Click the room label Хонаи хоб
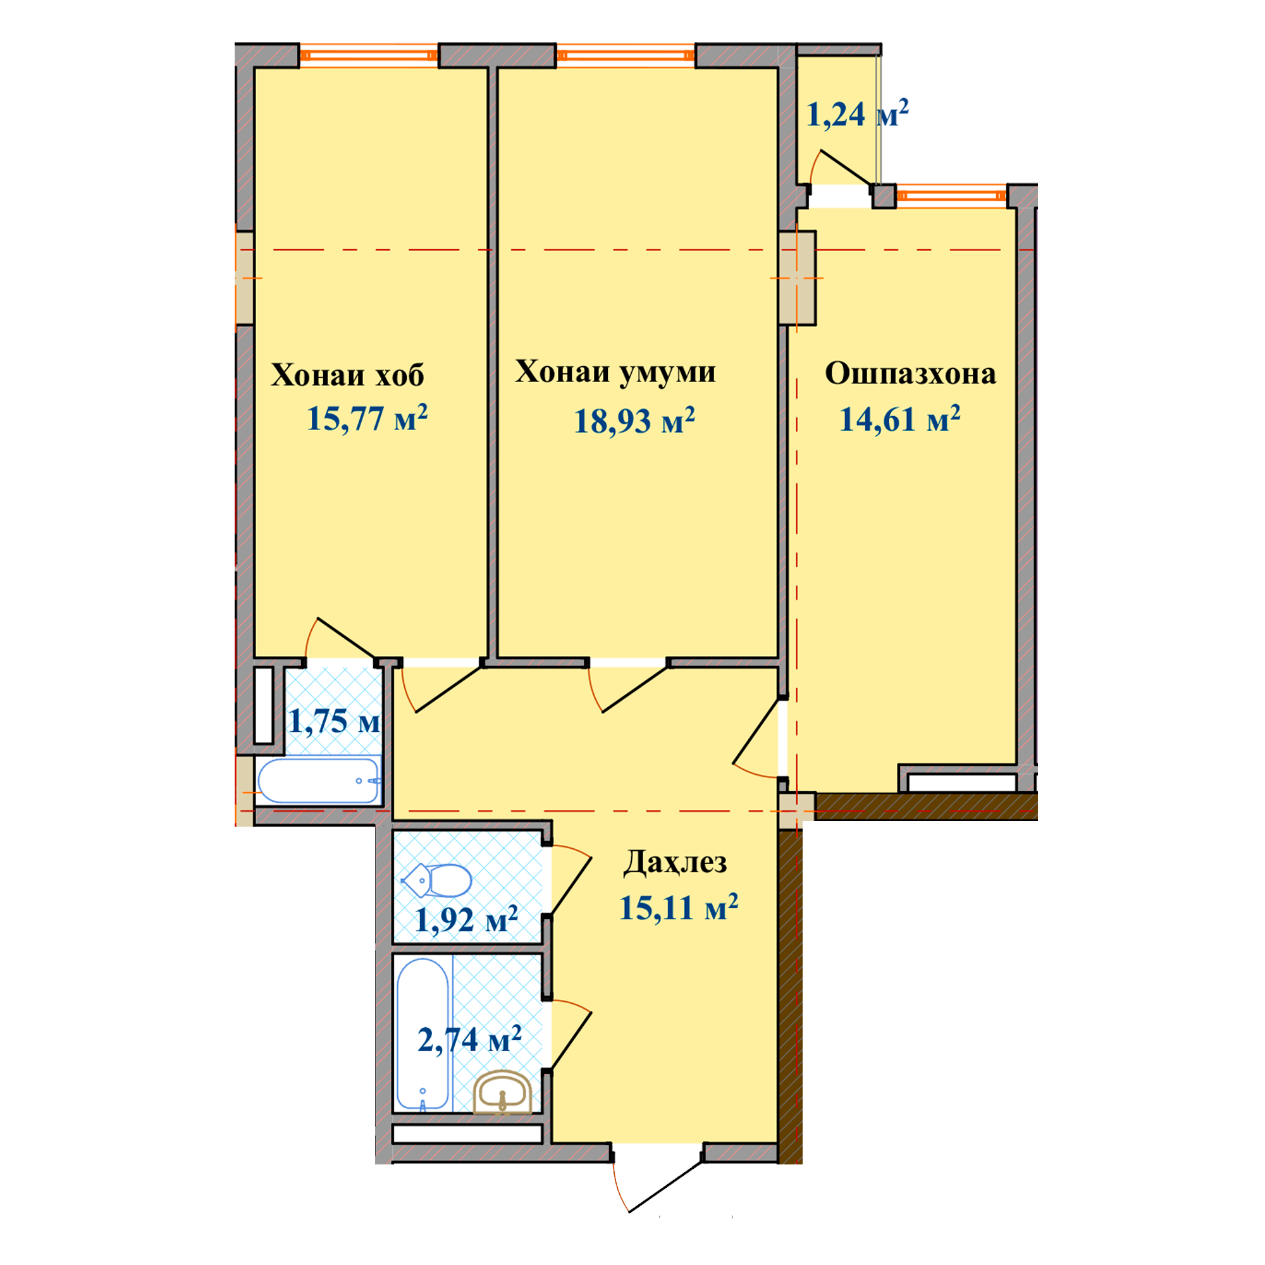(347, 375)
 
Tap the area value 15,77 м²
(367, 417)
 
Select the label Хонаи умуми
(615, 373)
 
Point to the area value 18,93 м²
(634, 421)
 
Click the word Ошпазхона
(910, 373)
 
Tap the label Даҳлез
(675, 862)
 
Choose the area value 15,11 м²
(678, 908)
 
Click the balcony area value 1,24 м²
(857, 114)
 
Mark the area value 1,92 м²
(466, 919)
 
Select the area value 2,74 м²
(469, 1039)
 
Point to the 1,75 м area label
(334, 721)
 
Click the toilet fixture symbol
(436, 880)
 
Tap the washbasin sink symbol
(503, 1092)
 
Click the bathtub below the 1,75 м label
(319, 781)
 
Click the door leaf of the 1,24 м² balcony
(846, 168)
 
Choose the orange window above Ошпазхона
(951, 195)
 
